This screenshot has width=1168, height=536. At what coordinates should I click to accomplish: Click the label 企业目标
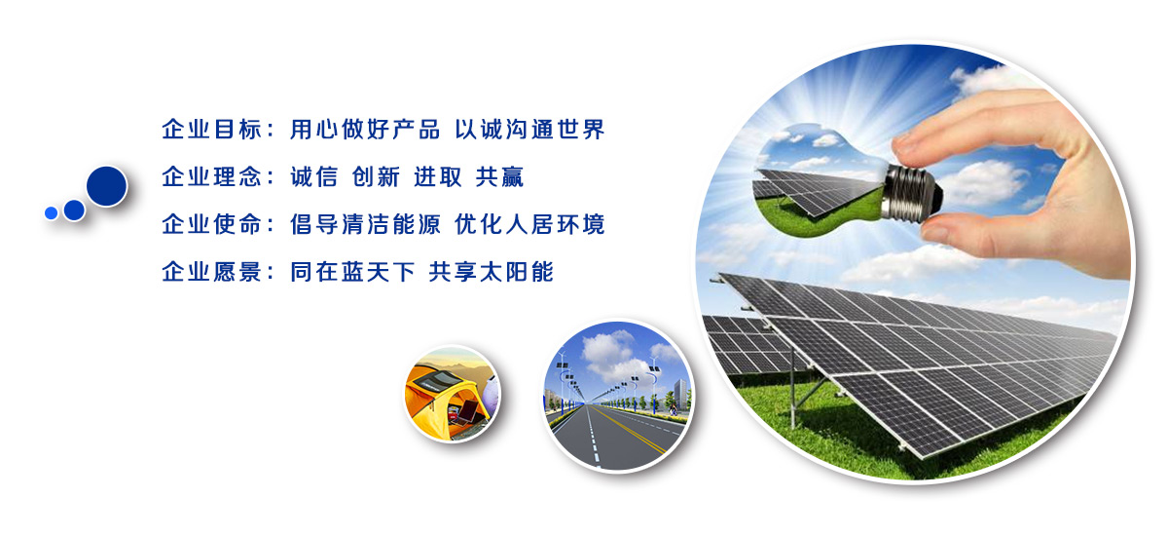click(x=211, y=130)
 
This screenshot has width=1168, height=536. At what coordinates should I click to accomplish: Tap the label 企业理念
click(x=211, y=177)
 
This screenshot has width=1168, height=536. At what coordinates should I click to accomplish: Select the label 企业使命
click(x=211, y=224)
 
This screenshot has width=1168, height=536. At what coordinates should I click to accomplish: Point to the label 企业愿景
click(x=211, y=272)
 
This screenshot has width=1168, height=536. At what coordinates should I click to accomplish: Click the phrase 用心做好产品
click(x=365, y=130)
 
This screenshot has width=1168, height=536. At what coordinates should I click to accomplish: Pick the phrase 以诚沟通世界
click(x=529, y=130)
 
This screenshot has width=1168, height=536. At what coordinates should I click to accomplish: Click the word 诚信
click(x=313, y=177)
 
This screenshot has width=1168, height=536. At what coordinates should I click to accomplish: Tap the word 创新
click(x=376, y=177)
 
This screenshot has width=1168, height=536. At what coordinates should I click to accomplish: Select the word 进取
click(x=438, y=177)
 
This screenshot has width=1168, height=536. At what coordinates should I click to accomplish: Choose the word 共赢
click(x=499, y=177)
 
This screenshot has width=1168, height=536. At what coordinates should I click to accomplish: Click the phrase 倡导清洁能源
click(x=365, y=224)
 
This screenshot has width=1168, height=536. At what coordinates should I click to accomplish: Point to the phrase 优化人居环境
click(x=529, y=224)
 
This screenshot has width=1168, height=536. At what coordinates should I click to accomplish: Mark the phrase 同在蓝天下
click(x=352, y=272)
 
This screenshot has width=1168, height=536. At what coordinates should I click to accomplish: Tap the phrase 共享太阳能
click(x=492, y=272)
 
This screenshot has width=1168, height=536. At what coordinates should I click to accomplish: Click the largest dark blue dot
click(x=107, y=186)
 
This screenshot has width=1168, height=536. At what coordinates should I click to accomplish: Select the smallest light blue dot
click(x=51, y=213)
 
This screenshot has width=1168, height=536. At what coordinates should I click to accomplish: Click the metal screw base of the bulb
click(x=911, y=193)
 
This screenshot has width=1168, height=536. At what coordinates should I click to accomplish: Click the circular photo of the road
click(x=618, y=396)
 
